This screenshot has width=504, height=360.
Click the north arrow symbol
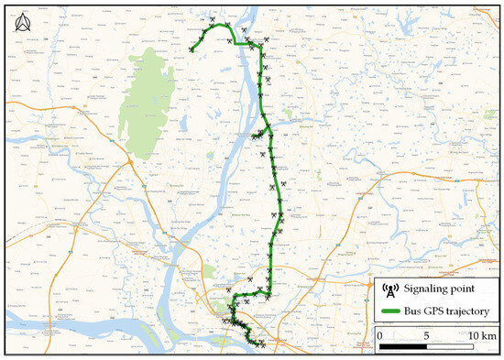pos(20,24)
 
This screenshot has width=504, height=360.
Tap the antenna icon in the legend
pos(389,290)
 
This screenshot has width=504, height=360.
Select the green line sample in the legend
pos(389,312)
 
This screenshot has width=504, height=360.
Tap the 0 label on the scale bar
pos(380,336)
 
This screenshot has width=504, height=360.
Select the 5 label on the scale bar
pos(426,336)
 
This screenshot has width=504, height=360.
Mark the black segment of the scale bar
pos(403,347)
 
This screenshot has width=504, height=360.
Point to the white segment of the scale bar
pos(450,347)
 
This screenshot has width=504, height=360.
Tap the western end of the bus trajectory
pos(191,50)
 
